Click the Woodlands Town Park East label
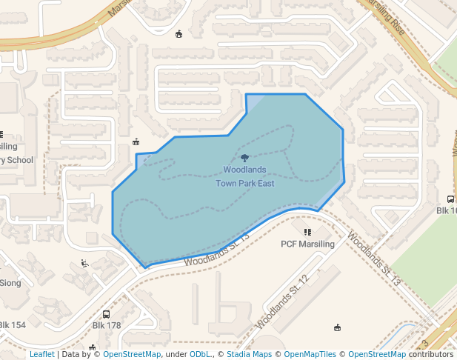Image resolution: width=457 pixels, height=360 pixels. point(244,176)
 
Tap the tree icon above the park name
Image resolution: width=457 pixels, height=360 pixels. point(244,157)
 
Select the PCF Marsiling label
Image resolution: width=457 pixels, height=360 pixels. point(307,244)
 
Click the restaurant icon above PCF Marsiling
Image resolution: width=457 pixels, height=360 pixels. point(308,232)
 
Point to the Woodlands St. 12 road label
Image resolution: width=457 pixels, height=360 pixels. point(281,303)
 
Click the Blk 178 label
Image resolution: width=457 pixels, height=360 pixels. point(106,325)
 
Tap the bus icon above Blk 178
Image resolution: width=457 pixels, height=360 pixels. point(106,314)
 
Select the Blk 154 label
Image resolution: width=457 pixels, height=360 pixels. point(13,325)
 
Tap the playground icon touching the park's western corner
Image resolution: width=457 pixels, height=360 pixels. point(136,141)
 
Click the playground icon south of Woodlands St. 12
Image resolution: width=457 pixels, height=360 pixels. point(338,327)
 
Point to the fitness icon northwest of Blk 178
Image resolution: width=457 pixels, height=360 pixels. point(84,263)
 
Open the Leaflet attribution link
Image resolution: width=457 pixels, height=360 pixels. point(41,354)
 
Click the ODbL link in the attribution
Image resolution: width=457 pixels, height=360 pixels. point(200,354)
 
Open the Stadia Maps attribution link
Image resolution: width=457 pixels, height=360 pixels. point(250,354)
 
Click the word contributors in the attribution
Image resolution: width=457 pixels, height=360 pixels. point(430,354)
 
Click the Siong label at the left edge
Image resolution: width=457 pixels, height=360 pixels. point(10,282)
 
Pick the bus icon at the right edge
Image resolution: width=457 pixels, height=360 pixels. point(451,199)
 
